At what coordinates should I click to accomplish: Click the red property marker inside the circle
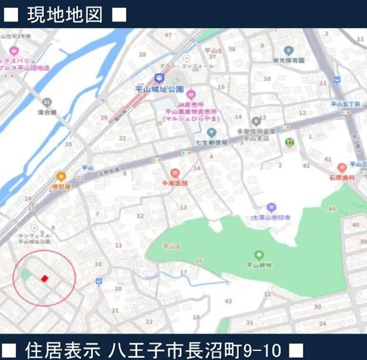coord(45,278)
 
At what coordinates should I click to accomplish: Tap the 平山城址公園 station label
coord(159,89)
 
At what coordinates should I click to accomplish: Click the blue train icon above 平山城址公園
coord(158,78)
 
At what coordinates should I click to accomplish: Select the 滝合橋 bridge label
coord(47,113)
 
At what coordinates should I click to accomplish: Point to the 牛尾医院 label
coord(175,183)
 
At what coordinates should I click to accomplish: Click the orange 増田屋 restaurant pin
coord(62,175)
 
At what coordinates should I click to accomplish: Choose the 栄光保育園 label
coord(288,60)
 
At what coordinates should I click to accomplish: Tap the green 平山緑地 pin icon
coord(259,255)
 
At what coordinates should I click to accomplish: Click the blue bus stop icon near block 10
coord(98,281)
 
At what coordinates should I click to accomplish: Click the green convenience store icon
coord(289,142)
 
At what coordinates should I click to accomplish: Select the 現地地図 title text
coord(64,14)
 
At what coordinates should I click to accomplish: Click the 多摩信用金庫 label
coord(255,131)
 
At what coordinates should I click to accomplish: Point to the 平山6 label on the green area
coord(172,247)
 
